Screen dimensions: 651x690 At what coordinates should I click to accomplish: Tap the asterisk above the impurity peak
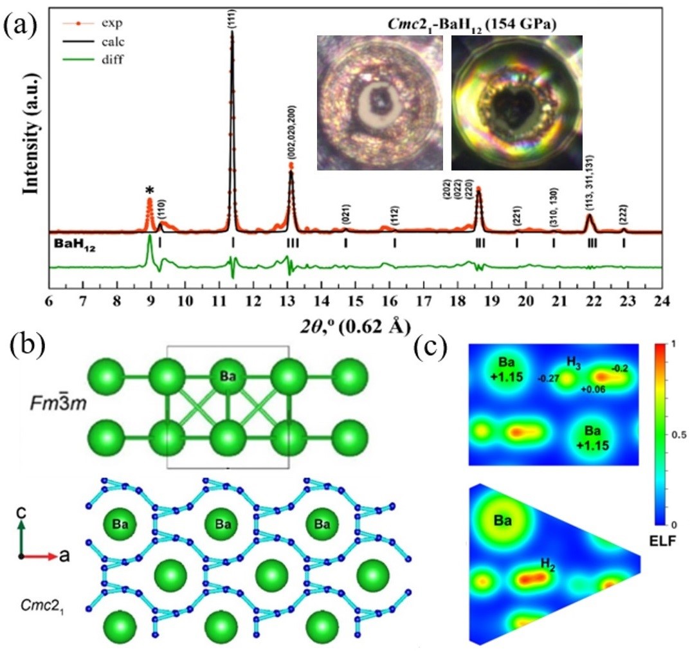click(150, 190)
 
